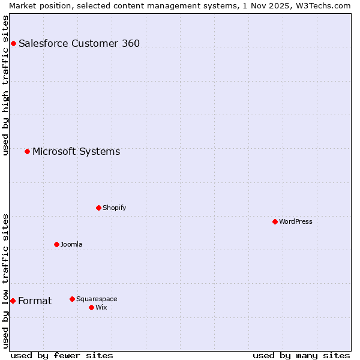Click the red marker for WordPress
point(275,221)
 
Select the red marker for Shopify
point(98,208)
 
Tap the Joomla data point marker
point(56,244)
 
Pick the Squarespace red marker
point(72,299)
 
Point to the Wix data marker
point(91,307)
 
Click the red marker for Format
point(13,301)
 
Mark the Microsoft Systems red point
point(27,151)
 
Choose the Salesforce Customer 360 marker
point(13,43)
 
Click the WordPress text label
point(295,221)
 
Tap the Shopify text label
point(114,208)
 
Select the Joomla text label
point(71,244)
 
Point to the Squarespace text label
point(97,299)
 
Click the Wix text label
point(101,307)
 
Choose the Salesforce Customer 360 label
point(79,43)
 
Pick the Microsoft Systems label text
point(76,151)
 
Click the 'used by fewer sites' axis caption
point(62,355)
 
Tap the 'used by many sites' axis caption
point(301,355)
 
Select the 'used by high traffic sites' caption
point(6,85)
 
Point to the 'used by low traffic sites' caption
point(6,281)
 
